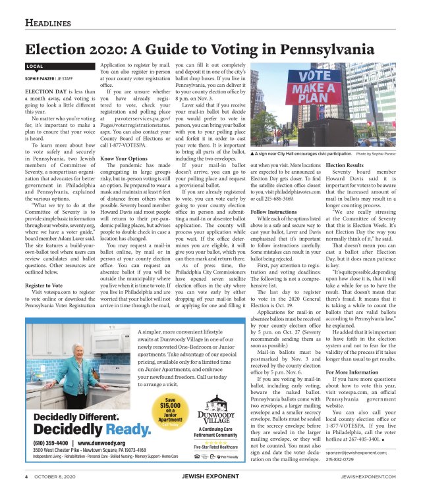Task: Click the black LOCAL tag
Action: [34, 67]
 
